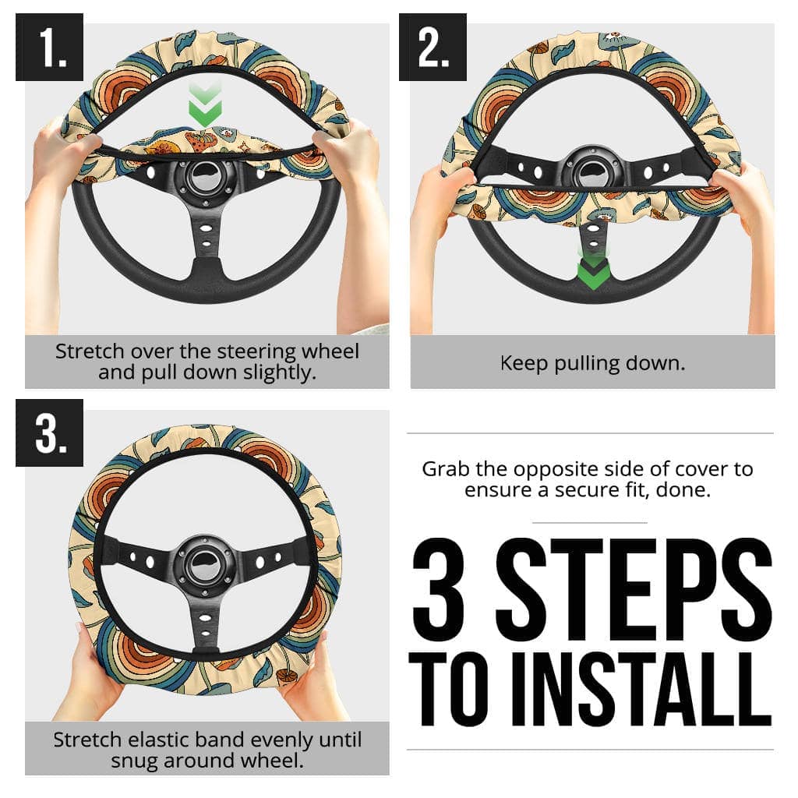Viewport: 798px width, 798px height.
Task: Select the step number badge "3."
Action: (49, 433)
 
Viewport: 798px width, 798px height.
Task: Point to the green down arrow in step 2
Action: (592, 269)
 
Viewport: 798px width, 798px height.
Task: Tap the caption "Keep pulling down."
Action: (592, 363)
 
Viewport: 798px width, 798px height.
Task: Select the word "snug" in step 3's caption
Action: (135, 760)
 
